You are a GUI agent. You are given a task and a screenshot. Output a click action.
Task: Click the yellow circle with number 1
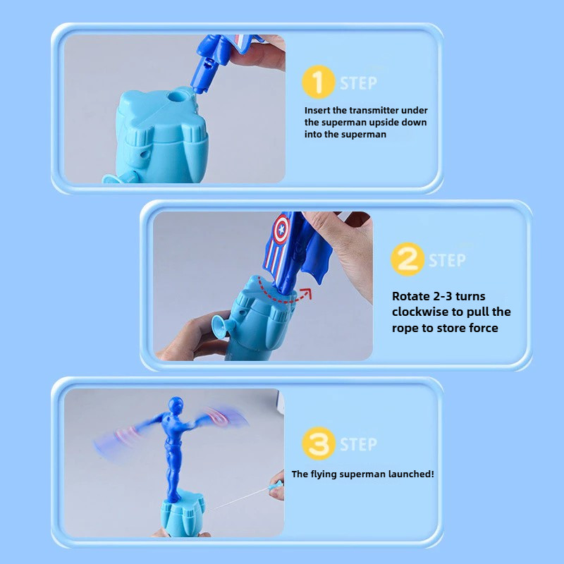tap(319, 82)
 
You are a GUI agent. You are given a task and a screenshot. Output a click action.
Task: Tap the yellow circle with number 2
tap(407, 259)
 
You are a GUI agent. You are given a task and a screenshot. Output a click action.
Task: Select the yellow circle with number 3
tap(319, 443)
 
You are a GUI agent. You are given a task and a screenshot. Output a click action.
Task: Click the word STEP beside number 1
tap(359, 83)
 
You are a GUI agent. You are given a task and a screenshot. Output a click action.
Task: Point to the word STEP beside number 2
tap(447, 260)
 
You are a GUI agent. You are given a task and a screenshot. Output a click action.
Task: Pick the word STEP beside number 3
tap(359, 445)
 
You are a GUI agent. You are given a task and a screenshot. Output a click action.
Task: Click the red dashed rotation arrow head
tap(307, 293)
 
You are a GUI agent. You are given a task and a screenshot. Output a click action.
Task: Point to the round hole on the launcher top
tap(176, 97)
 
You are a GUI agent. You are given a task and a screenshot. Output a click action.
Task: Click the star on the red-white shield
tap(281, 229)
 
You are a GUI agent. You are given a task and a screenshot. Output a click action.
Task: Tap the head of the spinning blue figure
tap(176, 404)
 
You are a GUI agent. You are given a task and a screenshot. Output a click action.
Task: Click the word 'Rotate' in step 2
tap(411, 296)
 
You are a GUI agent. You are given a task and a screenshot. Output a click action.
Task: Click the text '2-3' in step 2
tap(443, 296)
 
